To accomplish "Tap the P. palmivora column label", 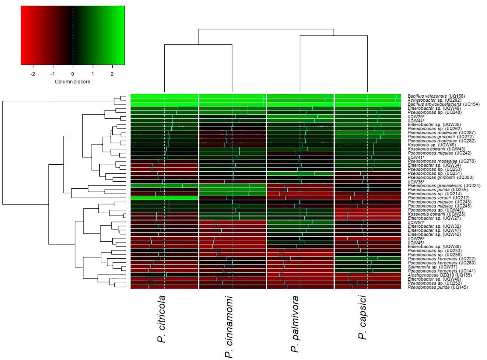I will [295, 324].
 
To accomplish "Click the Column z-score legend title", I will [72, 82].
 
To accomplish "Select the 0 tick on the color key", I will [72, 74].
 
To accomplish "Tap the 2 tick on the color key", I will [112, 74].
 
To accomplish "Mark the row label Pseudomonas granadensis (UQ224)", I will [444, 186].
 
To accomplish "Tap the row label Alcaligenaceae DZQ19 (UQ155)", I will [440, 275].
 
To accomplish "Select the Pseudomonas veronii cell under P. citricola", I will [164, 198].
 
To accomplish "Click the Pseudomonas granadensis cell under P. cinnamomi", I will [232, 186].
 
